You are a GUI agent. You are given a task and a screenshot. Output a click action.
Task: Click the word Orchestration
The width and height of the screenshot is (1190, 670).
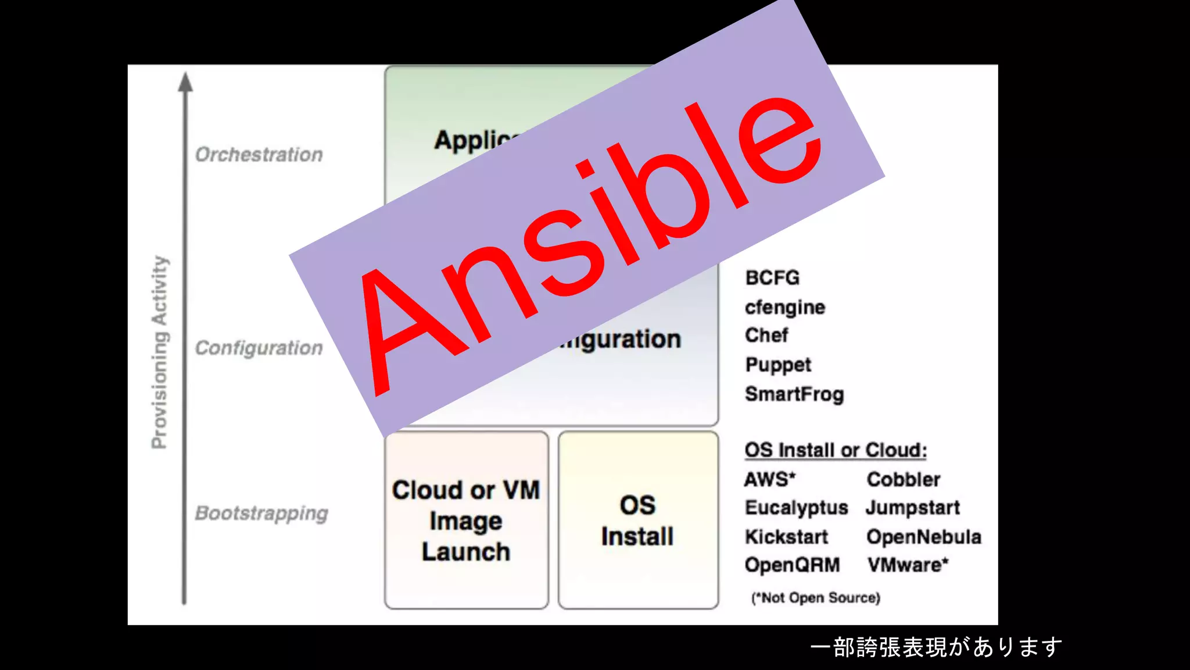click(259, 155)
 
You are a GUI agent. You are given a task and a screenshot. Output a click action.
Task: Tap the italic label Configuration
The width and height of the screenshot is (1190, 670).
click(259, 348)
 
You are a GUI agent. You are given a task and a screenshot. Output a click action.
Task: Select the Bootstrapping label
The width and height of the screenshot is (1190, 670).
click(261, 514)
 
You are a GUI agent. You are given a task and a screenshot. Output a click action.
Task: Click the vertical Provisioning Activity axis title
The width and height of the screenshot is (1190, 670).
click(159, 352)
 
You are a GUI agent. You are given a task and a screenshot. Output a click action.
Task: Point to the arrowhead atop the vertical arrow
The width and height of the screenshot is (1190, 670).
click(185, 83)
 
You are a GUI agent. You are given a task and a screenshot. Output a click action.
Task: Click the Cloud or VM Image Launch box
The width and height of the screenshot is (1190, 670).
click(466, 521)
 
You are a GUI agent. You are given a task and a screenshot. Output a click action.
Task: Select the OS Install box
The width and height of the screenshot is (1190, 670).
click(638, 521)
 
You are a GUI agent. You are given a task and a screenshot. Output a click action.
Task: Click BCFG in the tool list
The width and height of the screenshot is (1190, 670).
click(772, 278)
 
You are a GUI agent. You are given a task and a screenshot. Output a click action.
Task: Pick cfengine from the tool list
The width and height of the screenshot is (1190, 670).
click(785, 307)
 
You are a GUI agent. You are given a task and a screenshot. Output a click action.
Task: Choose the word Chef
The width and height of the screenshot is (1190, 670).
click(766, 336)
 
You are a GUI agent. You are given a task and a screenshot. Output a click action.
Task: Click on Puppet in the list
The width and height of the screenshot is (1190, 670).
click(778, 365)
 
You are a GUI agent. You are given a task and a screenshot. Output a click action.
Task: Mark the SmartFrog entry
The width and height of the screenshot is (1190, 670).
click(794, 394)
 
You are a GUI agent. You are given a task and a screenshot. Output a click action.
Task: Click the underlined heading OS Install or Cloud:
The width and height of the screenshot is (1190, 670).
click(836, 450)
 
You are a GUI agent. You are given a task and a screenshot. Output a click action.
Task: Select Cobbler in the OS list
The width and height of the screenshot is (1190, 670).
click(904, 479)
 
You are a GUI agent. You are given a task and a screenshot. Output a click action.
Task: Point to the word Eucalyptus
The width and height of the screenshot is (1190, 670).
click(797, 508)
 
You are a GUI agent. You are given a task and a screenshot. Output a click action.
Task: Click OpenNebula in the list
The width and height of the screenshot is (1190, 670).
click(924, 537)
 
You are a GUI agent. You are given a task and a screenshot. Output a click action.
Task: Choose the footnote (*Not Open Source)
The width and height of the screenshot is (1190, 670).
click(816, 598)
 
